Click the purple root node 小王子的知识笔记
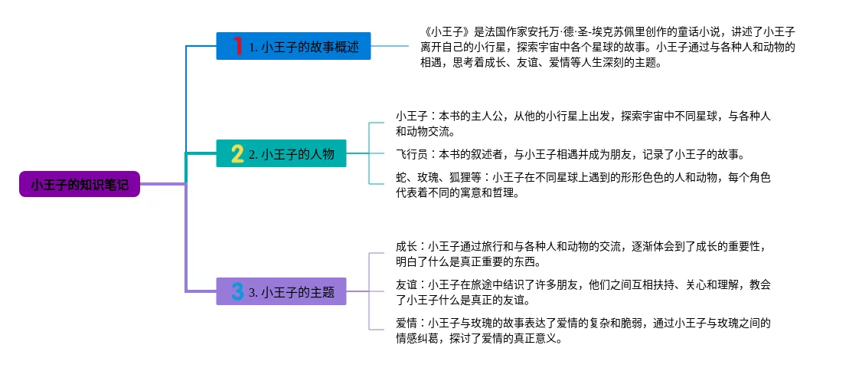pyautogui.click(x=80, y=184)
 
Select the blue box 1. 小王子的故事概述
pyautogui.click(x=293, y=46)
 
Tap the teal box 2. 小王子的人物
pyautogui.click(x=281, y=153)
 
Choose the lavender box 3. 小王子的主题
pyautogui.click(x=281, y=291)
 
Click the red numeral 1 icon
pyautogui.click(x=237, y=46)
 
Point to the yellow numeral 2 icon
pyautogui.click(x=237, y=153)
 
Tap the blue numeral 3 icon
pyautogui.click(x=237, y=291)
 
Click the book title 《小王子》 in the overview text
pyautogui.click(x=446, y=32)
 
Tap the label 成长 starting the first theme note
pyautogui.click(x=406, y=247)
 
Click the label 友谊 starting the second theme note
pyautogui.click(x=406, y=285)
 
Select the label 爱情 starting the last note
pyautogui.click(x=406, y=324)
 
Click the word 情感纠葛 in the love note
pyautogui.click(x=417, y=340)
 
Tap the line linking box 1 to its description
pyautogui.click(x=390, y=46)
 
